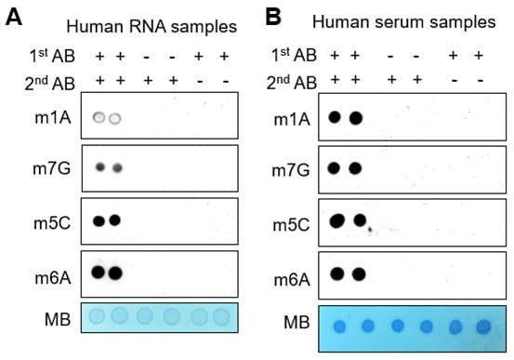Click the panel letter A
[x=14, y=17]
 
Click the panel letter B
[x=273, y=17]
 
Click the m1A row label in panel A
[x=53, y=117]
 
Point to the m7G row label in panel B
[x=291, y=170]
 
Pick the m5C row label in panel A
[x=52, y=223]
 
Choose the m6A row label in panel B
[x=292, y=280]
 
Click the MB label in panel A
[x=58, y=319]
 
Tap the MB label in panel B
[x=297, y=322]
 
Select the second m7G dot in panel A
[x=118, y=168]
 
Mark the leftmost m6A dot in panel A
[x=99, y=273]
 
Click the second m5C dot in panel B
[x=360, y=220]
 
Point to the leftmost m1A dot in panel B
[x=335, y=117]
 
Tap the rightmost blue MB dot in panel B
[x=483, y=327]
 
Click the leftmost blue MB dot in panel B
[x=339, y=327]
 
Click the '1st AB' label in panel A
[x=52, y=56]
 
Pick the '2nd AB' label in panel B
[x=292, y=82]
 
